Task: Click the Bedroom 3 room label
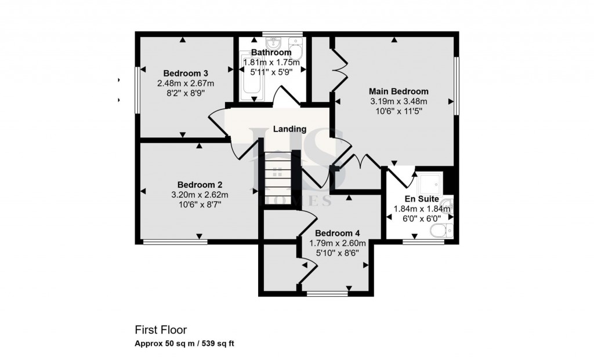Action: (186, 73)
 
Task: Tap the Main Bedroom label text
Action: (399, 91)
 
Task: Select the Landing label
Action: (290, 129)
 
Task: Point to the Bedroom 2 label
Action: (200, 184)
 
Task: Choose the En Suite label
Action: (417, 199)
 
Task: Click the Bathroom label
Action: (271, 53)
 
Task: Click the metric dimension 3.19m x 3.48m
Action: (399, 101)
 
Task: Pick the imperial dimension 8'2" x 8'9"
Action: (186, 92)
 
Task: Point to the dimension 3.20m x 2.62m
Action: (200, 194)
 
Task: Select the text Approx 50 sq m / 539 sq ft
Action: (184, 344)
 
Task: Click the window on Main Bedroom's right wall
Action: (456, 85)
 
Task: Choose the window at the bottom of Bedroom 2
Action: (175, 242)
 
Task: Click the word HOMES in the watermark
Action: (298, 202)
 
